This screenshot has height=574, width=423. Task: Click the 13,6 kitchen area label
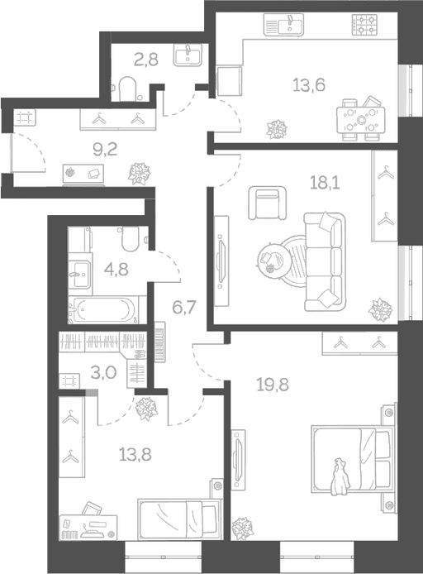pos(309,85)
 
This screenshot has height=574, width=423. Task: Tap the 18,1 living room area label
pos(325,182)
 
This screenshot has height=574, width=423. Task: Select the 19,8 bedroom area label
pos(273,385)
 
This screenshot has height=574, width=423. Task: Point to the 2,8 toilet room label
pos(146,60)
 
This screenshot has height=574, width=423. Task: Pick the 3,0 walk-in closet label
pos(104,373)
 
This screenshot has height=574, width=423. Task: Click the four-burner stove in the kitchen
pos(364,25)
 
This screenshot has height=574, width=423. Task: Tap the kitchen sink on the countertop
pos(283,25)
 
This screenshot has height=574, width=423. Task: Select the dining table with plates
pos(361,118)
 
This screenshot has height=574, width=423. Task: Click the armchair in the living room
pos(267,203)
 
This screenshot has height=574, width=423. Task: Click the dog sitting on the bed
pos(340,476)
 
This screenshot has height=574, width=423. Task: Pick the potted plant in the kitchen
pos(277,130)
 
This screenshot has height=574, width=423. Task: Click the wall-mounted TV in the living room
pos(221,261)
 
